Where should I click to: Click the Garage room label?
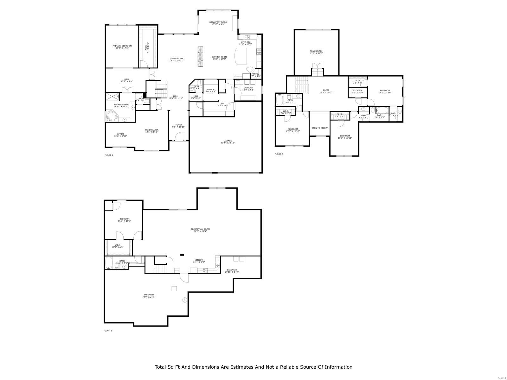[228, 142]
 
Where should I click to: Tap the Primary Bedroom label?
[122, 47]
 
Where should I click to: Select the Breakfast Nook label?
[218, 23]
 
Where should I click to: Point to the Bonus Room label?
[316, 52]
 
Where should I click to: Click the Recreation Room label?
[200, 230]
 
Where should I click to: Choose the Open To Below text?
[319, 128]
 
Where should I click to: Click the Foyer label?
[179, 126]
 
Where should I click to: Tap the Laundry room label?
[248, 89]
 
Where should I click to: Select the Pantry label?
[255, 75]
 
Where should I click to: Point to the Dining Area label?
[152, 131]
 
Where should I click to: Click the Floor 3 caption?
[279, 154]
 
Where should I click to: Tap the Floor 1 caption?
[108, 331]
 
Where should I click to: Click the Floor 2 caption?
[109, 155]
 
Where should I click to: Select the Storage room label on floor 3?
[357, 92]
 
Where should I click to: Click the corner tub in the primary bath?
[111, 117]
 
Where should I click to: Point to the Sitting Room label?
[219, 58]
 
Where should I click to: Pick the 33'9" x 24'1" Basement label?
[149, 296]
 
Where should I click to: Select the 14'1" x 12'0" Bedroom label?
[385, 92]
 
